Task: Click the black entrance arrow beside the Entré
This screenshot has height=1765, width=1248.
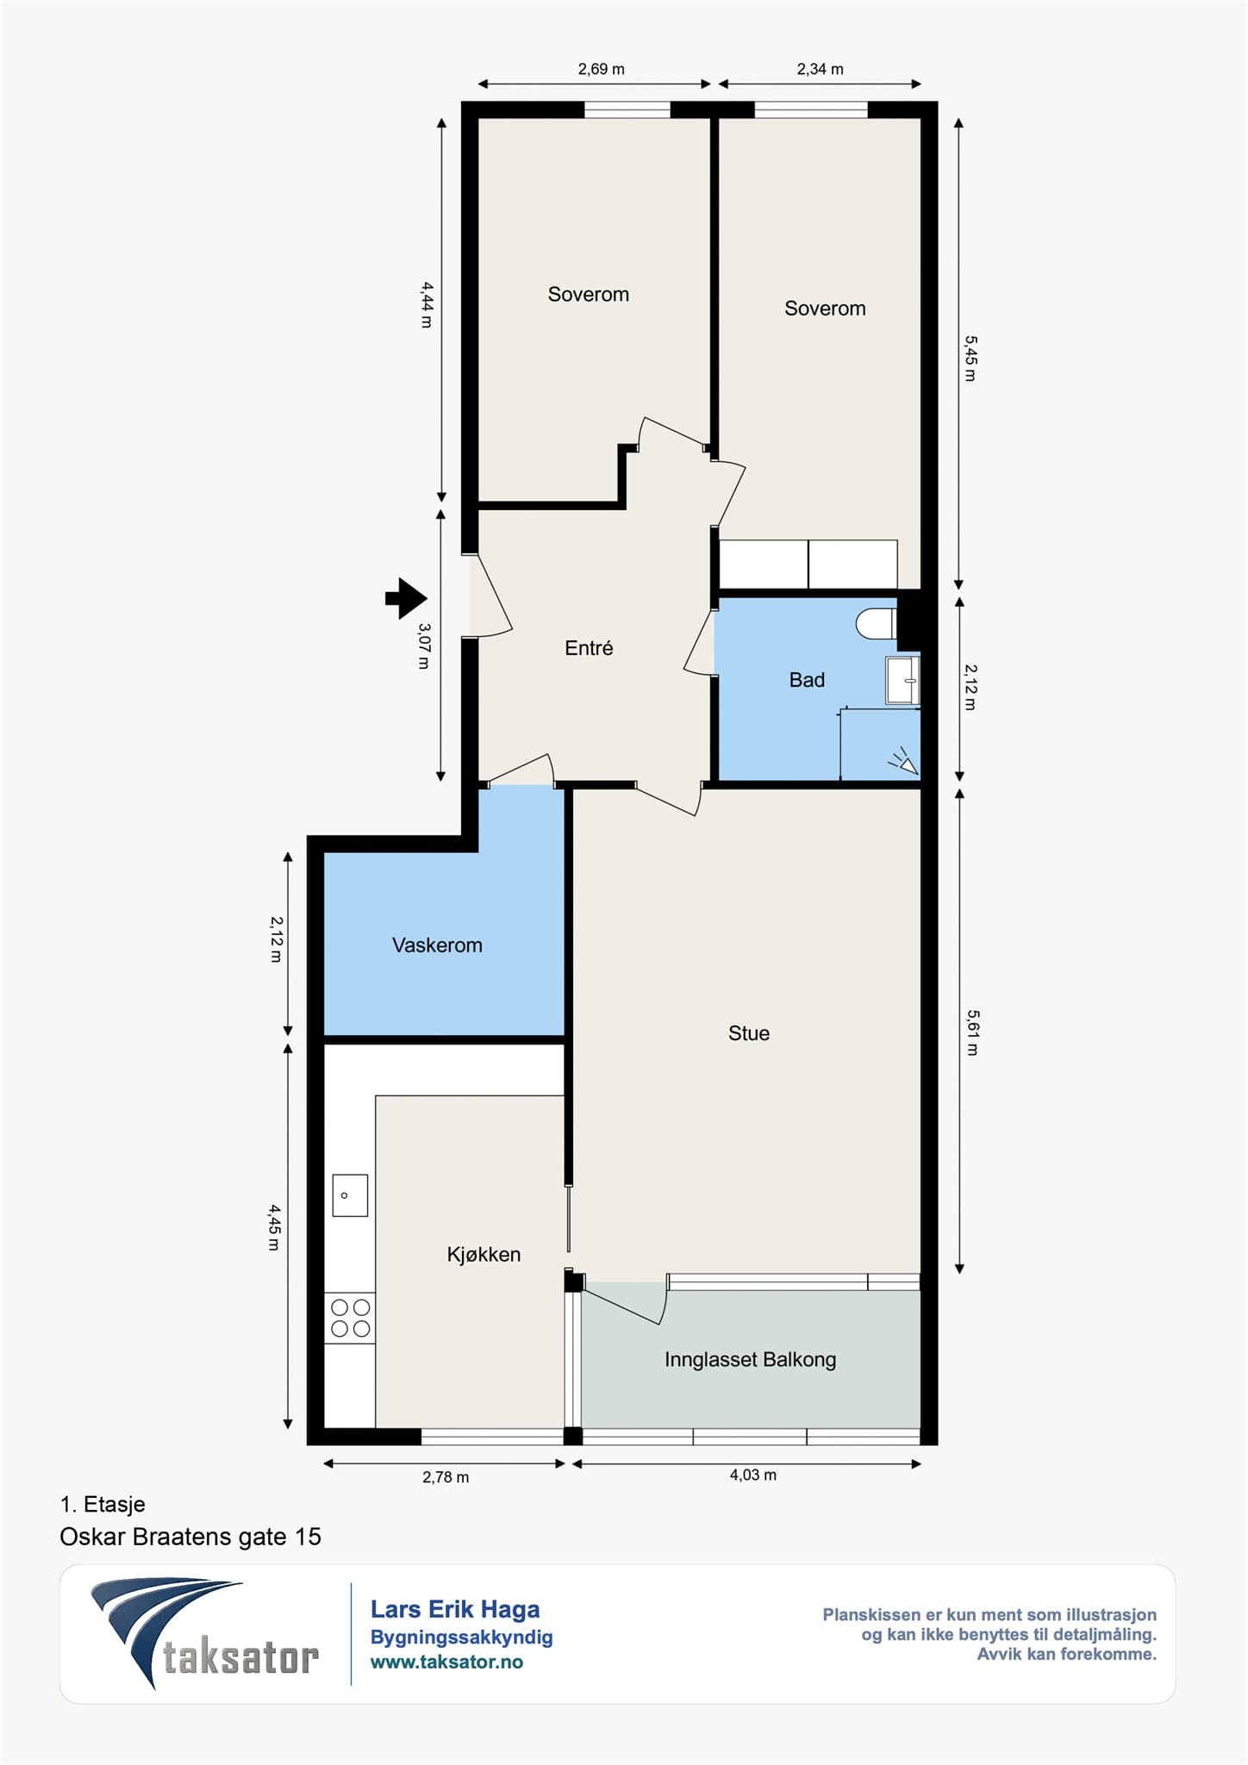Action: [406, 598]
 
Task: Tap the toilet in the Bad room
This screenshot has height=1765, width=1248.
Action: [877, 624]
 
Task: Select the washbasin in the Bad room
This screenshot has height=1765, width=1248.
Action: [902, 681]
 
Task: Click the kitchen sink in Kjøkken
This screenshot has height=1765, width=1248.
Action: [350, 1195]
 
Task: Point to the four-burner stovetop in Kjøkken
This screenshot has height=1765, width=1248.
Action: [350, 1318]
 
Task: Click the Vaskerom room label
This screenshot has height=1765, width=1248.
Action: [437, 945]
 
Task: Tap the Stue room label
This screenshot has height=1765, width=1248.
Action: [749, 1033]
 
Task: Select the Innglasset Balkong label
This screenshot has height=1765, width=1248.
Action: [750, 1360]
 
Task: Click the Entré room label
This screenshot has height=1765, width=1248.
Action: [589, 647]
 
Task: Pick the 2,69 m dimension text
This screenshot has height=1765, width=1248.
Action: [602, 69]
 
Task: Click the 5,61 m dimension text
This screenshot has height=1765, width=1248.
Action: [972, 1032]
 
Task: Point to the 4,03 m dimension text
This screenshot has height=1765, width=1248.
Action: [753, 1475]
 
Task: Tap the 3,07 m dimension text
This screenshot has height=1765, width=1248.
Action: [423, 646]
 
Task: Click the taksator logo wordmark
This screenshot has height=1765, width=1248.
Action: [241, 1657]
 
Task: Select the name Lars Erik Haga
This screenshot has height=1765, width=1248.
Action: [455, 1609]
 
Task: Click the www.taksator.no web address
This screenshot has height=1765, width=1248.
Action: [446, 1662]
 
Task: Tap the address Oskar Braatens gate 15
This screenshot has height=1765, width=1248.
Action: [190, 1537]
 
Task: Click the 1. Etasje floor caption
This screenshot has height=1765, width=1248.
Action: [103, 1505]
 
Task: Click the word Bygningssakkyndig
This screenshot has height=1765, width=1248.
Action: [462, 1637]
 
